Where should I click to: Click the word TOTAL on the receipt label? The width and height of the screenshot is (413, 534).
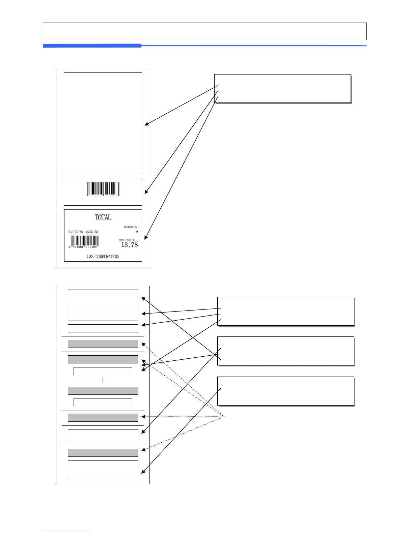pos(103,217)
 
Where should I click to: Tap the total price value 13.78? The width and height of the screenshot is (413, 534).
pos(130,245)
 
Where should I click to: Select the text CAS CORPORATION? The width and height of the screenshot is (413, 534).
pos(103,257)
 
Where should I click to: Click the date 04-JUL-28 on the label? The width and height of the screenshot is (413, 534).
pos(76,232)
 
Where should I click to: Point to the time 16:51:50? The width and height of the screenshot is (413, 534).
pos(92,232)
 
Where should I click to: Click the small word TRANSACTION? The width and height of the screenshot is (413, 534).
pos(130,227)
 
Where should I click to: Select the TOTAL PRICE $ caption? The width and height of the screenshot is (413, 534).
pos(126,240)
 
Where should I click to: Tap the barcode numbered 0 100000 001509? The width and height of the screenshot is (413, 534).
pos(85,241)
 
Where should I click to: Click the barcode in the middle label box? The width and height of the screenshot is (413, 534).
pos(103,189)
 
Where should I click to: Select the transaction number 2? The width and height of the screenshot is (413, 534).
pos(137,232)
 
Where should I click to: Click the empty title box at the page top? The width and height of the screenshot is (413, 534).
pos(204,31)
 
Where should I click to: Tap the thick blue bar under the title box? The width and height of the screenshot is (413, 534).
pos(92,46)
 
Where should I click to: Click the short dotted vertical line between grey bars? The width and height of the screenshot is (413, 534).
pos(103,381)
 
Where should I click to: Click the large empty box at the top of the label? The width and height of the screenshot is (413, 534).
pos(103,123)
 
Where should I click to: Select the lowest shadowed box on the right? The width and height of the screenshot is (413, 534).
pos(286,391)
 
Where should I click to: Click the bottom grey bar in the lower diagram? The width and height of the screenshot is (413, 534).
pos(103,452)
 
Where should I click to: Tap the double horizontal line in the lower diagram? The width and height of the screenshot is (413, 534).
pos(103,410)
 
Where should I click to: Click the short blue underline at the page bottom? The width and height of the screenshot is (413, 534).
pos(67,531)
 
